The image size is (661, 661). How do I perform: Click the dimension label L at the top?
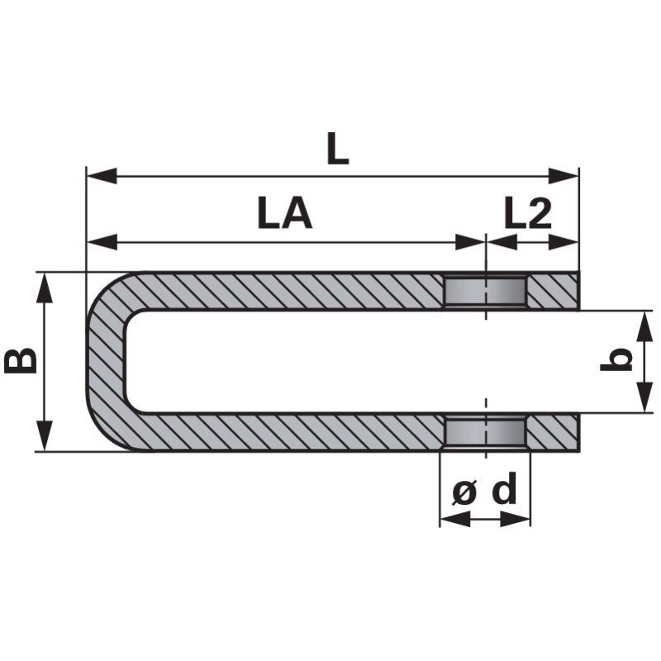(338, 150)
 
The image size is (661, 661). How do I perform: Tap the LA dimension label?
(285, 214)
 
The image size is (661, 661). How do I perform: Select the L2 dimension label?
(528, 214)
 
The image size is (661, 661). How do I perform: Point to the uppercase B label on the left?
(21, 360)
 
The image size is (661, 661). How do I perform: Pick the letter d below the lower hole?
(504, 488)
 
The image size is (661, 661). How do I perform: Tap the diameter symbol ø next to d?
(464, 492)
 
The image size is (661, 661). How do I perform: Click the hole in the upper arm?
(486, 292)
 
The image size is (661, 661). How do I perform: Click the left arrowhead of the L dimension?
(101, 175)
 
